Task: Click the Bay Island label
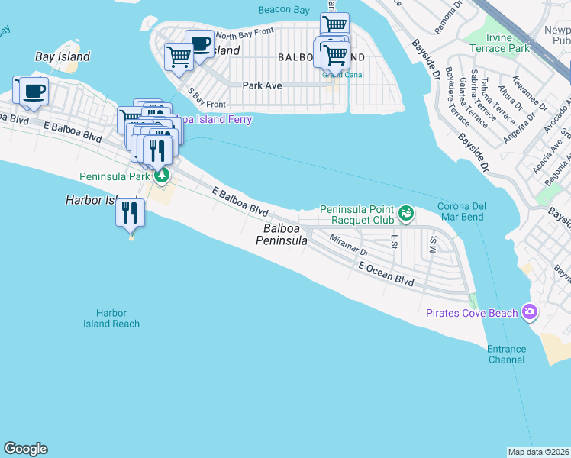point(63,56)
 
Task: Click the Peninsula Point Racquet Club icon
point(406,213)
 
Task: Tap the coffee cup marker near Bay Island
point(31,92)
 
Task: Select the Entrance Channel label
point(507,354)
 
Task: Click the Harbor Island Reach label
point(111,318)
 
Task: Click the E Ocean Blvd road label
point(386,275)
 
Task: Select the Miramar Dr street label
point(349,245)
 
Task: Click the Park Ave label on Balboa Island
point(262,85)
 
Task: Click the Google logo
point(25,449)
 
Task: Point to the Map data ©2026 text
point(538,452)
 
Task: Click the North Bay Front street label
point(244,34)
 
